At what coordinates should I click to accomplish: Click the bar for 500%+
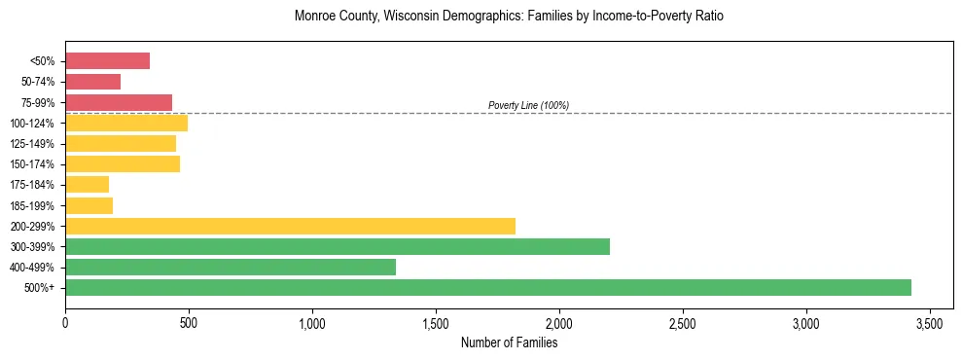pyautogui.click(x=487, y=287)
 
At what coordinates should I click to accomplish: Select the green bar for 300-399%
pyautogui.click(x=337, y=246)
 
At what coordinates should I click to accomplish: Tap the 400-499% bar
pyautogui.click(x=230, y=267)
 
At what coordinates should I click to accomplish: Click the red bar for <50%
pyautogui.click(x=107, y=61)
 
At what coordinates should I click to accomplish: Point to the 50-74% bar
pyautogui.click(x=92, y=82)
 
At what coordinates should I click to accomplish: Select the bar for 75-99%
pyautogui.click(x=118, y=102)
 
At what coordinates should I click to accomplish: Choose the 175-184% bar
pyautogui.click(x=87, y=185)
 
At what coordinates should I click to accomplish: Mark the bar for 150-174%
pyautogui.click(x=122, y=163)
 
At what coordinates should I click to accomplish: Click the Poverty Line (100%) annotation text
pyautogui.click(x=528, y=105)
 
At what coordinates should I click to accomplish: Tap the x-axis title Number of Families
pyautogui.click(x=509, y=342)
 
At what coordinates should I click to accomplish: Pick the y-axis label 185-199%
pyautogui.click(x=33, y=205)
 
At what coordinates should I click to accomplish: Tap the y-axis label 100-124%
pyautogui.click(x=33, y=124)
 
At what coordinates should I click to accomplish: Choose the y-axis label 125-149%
pyautogui.click(x=33, y=144)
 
